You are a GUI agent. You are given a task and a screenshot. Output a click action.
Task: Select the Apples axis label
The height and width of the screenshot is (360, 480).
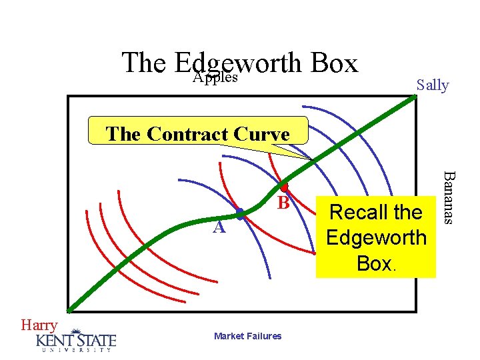pyautogui.click(x=215, y=78)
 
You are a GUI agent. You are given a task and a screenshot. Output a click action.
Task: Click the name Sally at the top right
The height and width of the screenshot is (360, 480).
pyautogui.click(x=432, y=85)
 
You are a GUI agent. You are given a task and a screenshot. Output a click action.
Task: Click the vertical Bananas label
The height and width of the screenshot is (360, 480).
pyautogui.click(x=451, y=197)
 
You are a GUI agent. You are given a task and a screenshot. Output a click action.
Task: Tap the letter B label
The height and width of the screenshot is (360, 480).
pyautogui.click(x=283, y=203)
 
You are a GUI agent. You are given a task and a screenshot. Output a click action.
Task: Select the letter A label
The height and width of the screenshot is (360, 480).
pyautogui.click(x=218, y=228)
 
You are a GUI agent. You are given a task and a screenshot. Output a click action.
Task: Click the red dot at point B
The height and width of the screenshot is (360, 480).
pyautogui.click(x=283, y=187)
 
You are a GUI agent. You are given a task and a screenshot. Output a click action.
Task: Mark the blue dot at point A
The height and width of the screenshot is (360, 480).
pyautogui.click(x=240, y=213)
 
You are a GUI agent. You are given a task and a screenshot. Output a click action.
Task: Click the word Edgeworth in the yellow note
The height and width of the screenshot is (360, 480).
pyautogui.click(x=376, y=237)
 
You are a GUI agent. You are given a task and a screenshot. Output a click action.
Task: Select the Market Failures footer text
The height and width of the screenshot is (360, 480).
pyautogui.click(x=248, y=336)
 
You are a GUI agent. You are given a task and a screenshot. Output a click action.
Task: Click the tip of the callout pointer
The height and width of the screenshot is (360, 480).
pyautogui.click(x=311, y=159)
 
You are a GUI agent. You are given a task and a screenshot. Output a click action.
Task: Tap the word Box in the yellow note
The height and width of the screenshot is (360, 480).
pyautogui.click(x=375, y=263)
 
